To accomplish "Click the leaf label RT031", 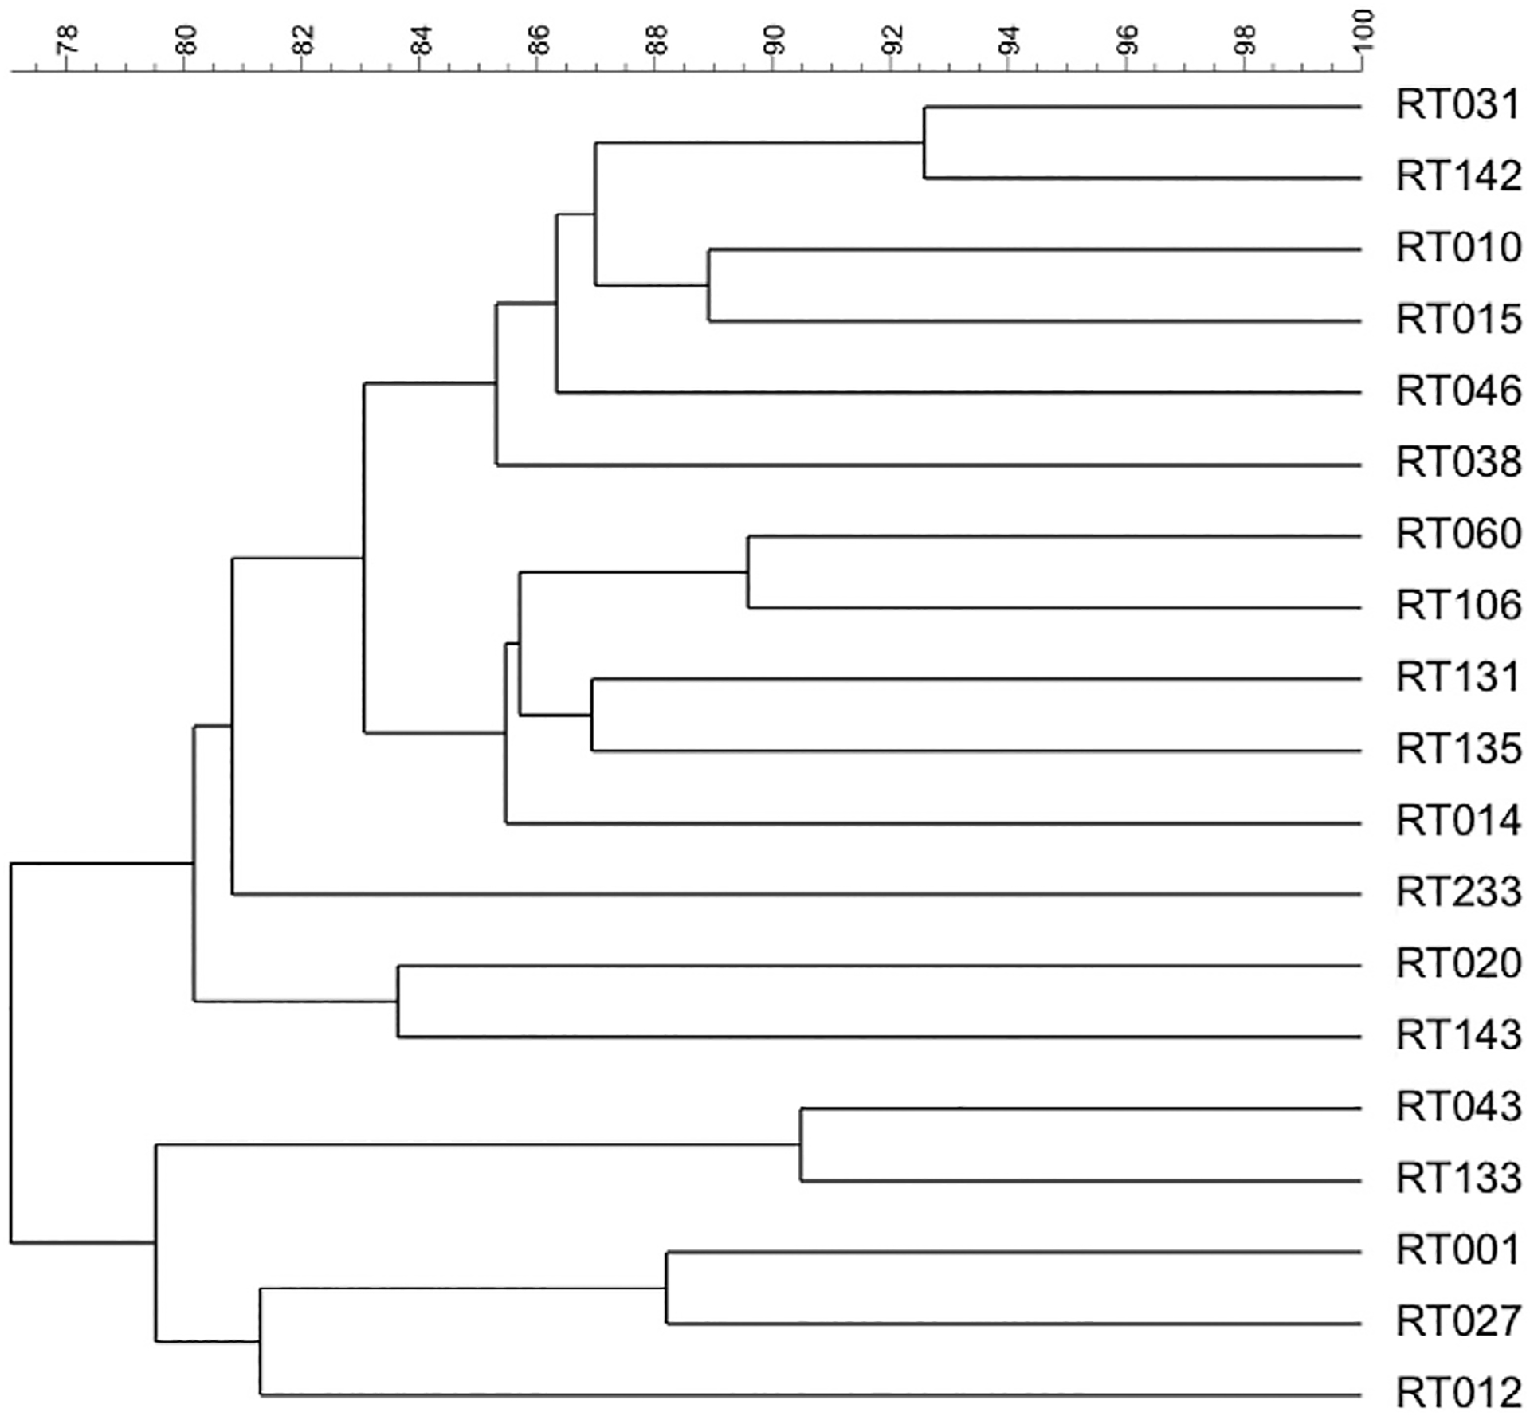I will (1457, 106).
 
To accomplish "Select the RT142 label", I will (1457, 177).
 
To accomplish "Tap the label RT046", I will (1457, 391).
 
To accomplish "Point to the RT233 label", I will (1457, 892).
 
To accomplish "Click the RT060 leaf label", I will (1457, 534).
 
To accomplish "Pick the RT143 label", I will (1457, 1035).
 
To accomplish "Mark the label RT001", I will (1457, 1250).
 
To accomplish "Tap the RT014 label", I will (1457, 821).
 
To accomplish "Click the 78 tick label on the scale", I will (68, 38).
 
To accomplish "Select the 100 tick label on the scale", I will (1363, 32).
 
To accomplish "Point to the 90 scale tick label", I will (774, 38).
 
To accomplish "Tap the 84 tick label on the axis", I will (421, 38).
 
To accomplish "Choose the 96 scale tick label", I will (1127, 38).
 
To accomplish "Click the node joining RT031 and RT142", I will (924, 143).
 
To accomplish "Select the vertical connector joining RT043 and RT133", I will (801, 1144).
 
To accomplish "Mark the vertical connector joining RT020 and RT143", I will (398, 1001).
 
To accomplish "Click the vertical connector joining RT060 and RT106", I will (747, 572).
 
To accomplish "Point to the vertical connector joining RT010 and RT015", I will (709, 285).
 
